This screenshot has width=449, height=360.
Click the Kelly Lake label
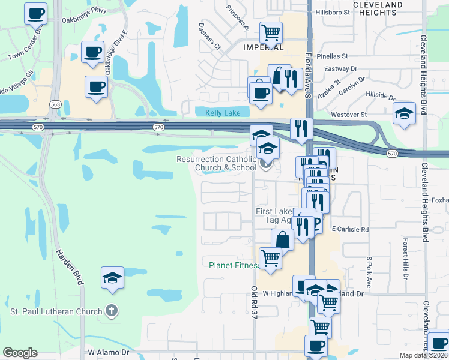pyautogui.click(x=223, y=113)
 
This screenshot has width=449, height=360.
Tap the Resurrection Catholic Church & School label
pyautogui.click(x=217, y=163)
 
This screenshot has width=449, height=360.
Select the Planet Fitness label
pyautogui.click(x=234, y=265)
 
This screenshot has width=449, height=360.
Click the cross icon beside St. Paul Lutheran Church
pyautogui.click(x=111, y=311)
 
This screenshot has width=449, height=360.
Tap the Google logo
pyautogui.click(x=20, y=353)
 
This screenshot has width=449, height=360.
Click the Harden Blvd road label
pyautogui.click(x=70, y=266)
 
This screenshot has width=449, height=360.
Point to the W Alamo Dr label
pyautogui.click(x=109, y=353)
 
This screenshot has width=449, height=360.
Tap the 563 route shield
pyautogui.click(x=55, y=104)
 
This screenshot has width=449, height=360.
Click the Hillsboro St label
pyautogui.click(x=332, y=11)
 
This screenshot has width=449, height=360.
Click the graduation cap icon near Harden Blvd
pyautogui.click(x=112, y=277)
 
